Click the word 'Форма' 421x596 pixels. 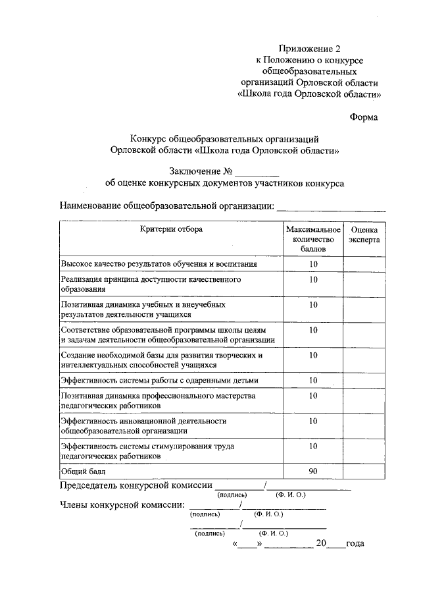point(364,118)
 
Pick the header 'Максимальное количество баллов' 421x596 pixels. point(313,240)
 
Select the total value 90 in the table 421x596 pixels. point(313,472)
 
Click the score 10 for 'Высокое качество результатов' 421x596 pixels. point(313,264)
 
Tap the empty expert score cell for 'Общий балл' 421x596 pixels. point(364,472)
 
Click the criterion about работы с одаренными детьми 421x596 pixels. point(160,381)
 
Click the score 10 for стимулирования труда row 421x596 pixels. point(313,446)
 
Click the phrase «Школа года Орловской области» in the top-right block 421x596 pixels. point(309,94)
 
